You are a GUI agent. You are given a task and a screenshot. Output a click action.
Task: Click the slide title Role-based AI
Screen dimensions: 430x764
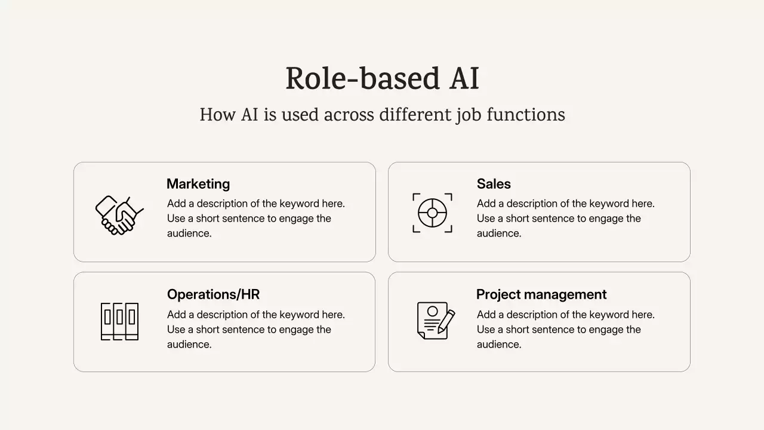[x=382, y=79]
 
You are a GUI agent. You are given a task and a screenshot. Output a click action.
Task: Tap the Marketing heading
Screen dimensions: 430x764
[x=198, y=184]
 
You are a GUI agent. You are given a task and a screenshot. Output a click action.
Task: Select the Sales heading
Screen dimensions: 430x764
[x=494, y=184]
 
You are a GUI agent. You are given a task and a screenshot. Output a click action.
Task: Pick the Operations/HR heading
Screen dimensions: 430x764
[x=213, y=294]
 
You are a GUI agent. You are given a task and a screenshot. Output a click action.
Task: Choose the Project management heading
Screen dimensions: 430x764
[x=541, y=294]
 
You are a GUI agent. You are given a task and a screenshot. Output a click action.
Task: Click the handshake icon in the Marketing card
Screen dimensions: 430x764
[x=119, y=214]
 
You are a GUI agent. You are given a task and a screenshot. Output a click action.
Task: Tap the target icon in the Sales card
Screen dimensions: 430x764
[x=432, y=213]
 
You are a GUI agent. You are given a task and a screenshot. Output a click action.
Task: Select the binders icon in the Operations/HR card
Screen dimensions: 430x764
[x=119, y=321]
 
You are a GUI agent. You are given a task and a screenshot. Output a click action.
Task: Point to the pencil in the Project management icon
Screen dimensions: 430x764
[x=446, y=320]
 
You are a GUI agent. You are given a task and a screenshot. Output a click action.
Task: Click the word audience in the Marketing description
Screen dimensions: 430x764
[x=189, y=234]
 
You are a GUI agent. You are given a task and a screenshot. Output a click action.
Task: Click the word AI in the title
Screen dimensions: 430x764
[x=464, y=79]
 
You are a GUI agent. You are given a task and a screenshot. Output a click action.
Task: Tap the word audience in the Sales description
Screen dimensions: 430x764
[x=499, y=234]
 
